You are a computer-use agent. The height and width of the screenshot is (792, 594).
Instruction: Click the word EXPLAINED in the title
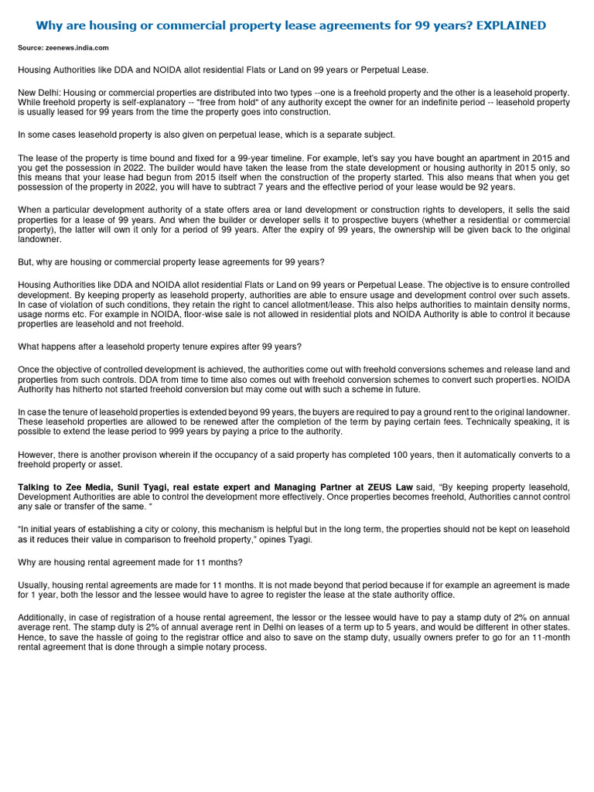(510, 26)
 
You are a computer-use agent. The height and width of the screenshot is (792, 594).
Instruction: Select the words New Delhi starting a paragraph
(38, 92)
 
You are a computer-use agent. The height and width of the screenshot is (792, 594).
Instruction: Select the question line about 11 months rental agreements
(130, 562)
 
